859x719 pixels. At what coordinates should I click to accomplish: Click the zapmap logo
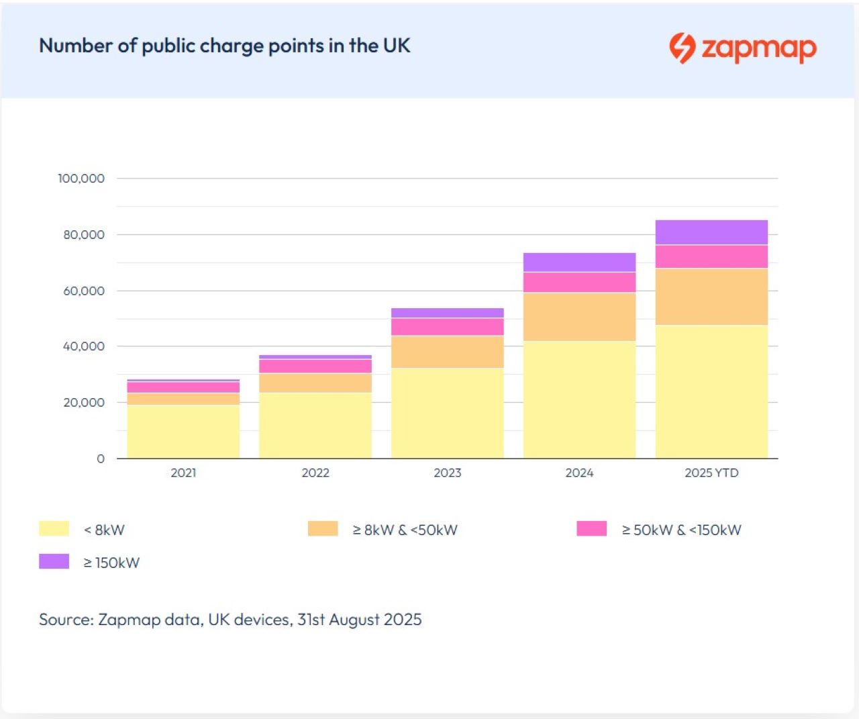tap(742, 48)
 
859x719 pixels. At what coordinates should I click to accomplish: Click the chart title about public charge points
tap(224, 46)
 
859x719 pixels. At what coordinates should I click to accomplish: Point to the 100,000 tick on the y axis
tap(81, 179)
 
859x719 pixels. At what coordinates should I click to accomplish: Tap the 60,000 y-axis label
tap(84, 291)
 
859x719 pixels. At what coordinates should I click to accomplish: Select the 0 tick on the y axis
tap(101, 459)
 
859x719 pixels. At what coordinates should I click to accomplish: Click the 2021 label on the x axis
tap(183, 473)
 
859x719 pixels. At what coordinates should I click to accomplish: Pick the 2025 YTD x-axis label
tap(711, 473)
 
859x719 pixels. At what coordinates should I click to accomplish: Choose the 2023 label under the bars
tap(447, 473)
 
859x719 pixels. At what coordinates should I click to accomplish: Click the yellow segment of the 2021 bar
tap(183, 431)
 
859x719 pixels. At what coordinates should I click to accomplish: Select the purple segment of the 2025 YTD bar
tap(711, 232)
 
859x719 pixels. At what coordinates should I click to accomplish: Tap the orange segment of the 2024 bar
tap(579, 317)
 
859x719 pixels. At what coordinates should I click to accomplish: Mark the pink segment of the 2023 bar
tap(447, 327)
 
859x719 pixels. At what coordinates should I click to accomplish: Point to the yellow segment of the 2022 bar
tap(315, 425)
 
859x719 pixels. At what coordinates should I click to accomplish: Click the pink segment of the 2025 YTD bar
tap(711, 256)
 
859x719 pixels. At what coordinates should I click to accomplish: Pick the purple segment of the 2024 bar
tap(579, 262)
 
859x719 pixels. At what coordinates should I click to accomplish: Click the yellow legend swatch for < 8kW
tap(54, 528)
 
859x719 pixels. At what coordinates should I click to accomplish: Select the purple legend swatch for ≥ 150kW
tap(54, 561)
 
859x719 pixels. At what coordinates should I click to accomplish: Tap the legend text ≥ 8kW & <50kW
tap(405, 530)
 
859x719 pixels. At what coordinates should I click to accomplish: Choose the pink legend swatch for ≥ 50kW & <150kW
tap(591, 528)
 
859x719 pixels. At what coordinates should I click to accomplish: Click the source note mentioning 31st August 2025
tap(230, 619)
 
